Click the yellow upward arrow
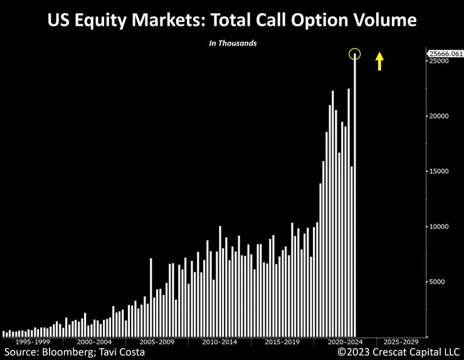[379, 61]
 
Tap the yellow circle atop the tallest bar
[355, 54]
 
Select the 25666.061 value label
[446, 53]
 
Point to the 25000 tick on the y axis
[438, 61]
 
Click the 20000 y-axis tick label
[438, 117]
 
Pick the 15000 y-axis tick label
[438, 171]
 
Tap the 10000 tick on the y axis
[438, 226]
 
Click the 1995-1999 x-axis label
[32, 342]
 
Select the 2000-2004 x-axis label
[95, 342]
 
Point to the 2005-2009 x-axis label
[157, 342]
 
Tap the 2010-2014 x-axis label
[219, 342]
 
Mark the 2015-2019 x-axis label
[282, 342]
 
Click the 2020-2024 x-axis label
[344, 342]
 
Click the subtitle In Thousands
[232, 43]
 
